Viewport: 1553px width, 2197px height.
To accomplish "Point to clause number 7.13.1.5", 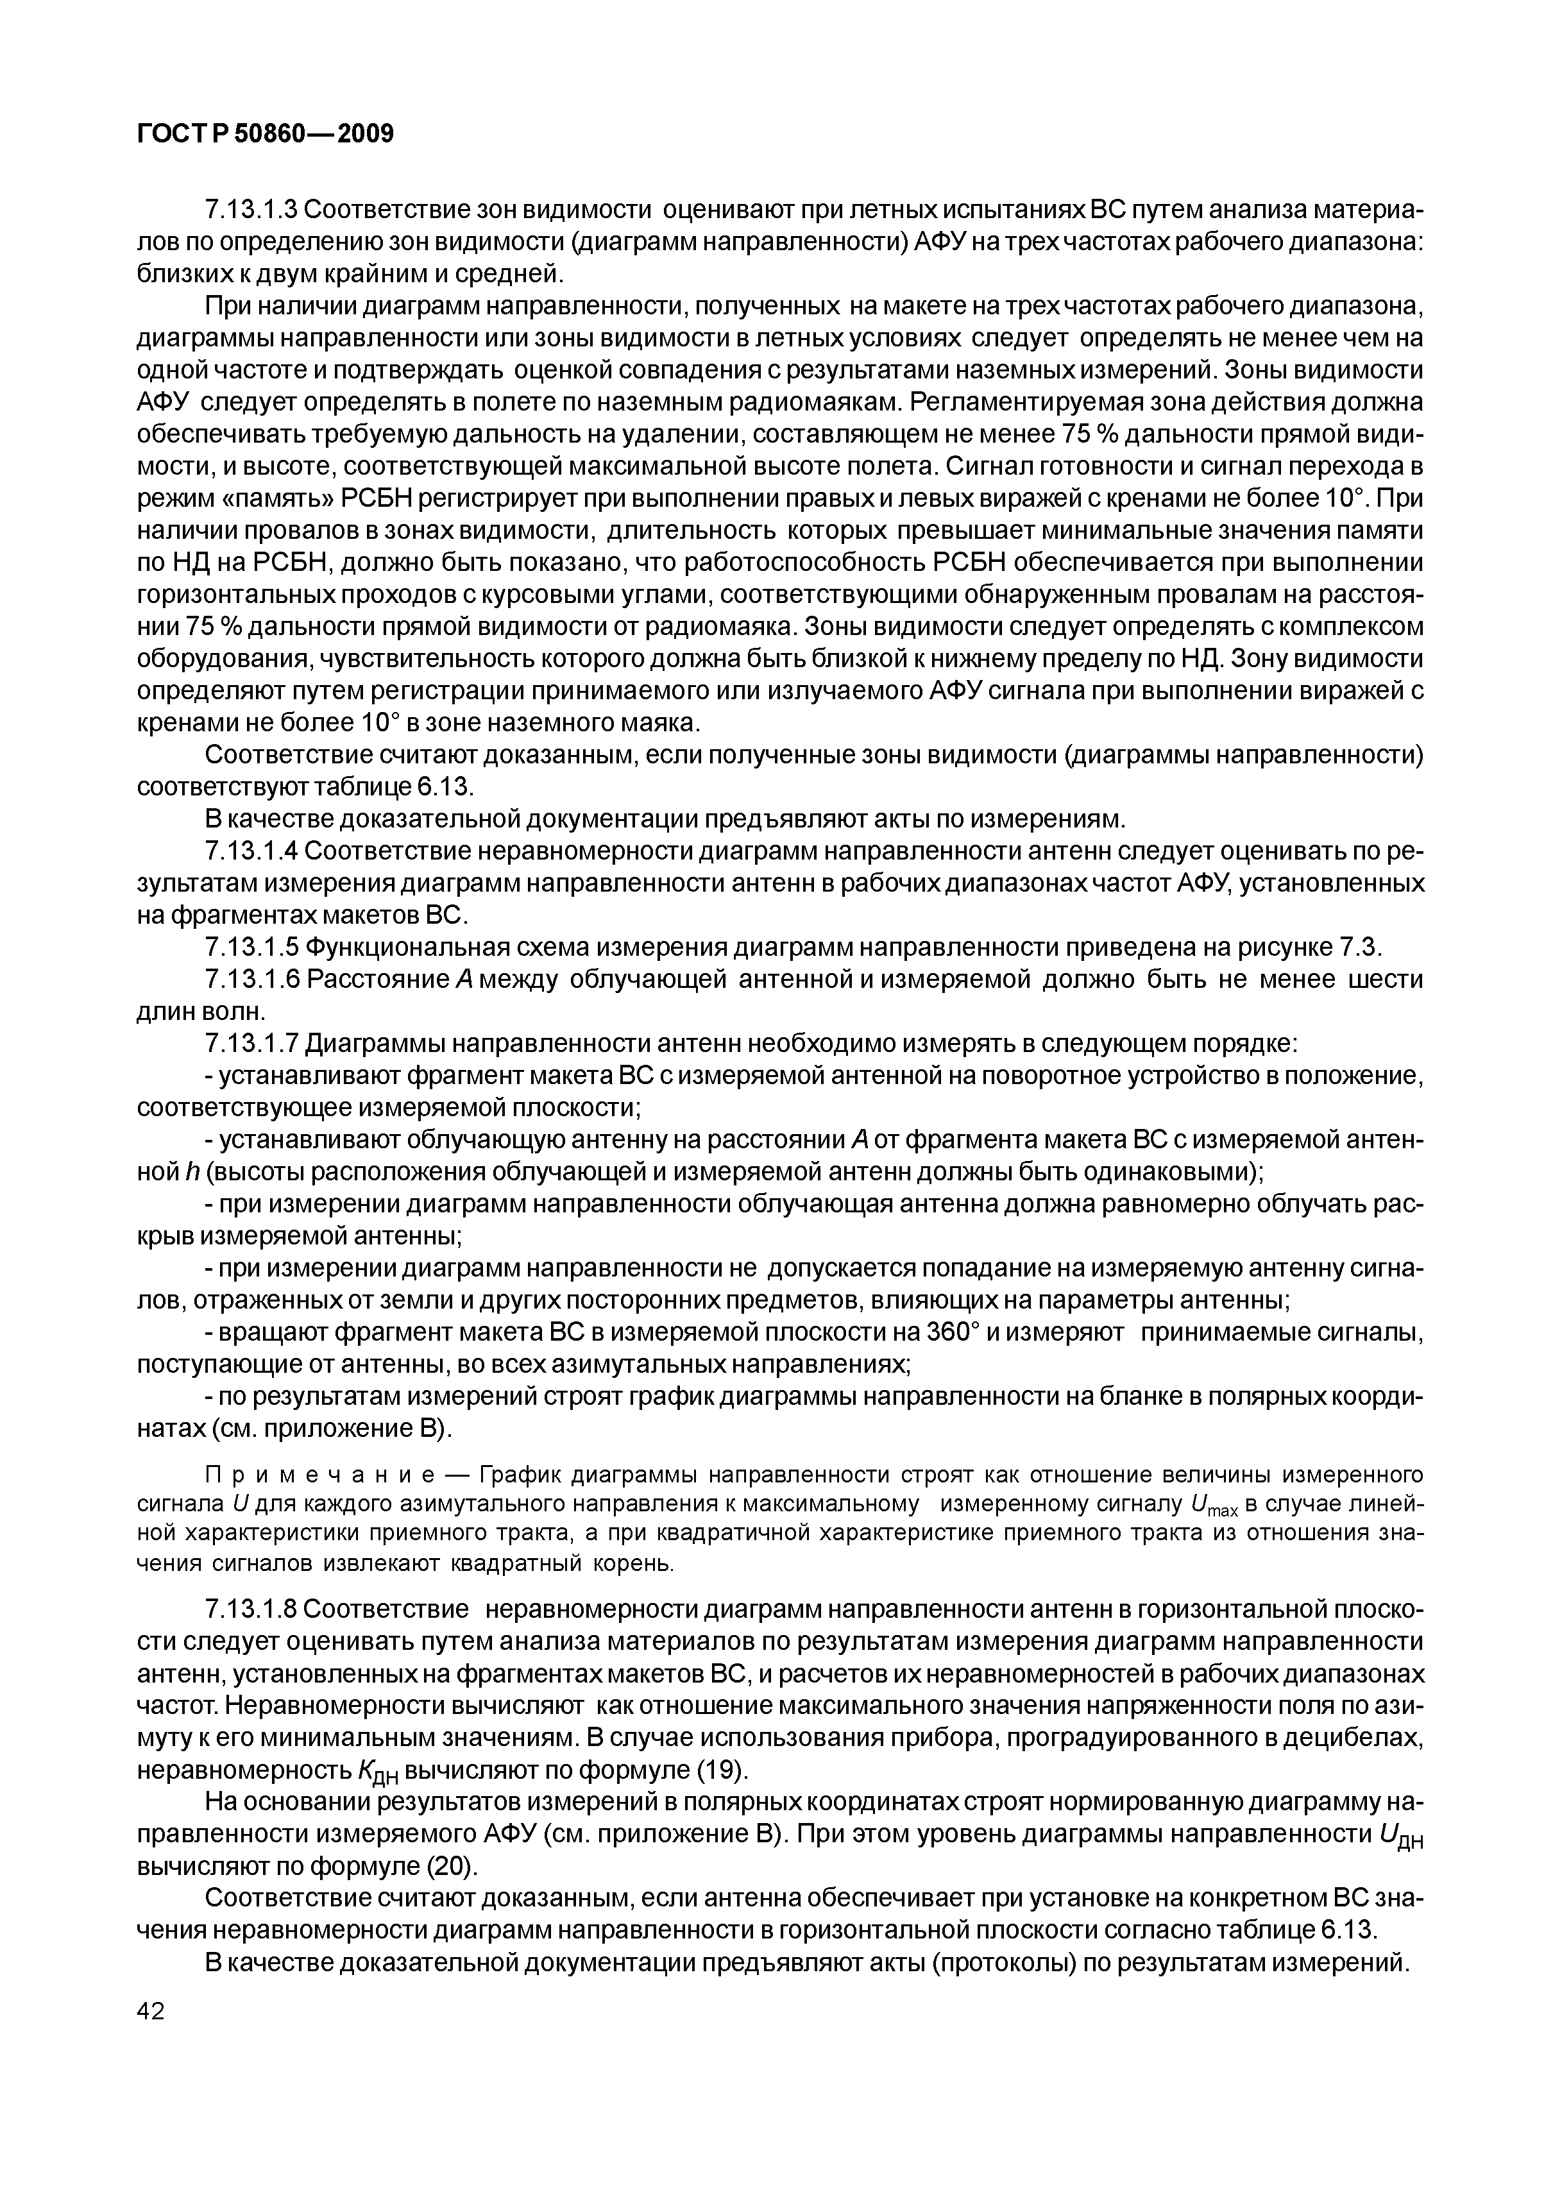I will [x=253, y=947].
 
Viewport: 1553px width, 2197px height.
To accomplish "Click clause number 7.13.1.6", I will [x=253, y=980].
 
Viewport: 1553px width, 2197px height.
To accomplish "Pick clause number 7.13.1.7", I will [x=253, y=1044].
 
